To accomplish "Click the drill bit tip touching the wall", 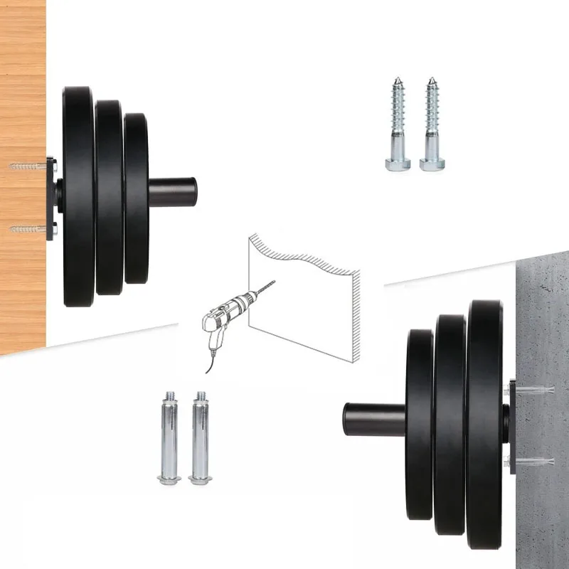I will click(x=273, y=284).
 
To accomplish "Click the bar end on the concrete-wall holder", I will click(x=373, y=420).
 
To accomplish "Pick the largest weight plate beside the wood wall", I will click(x=78, y=196).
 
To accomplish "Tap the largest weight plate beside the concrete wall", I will click(x=484, y=423).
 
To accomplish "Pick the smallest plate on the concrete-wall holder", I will click(x=420, y=423).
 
